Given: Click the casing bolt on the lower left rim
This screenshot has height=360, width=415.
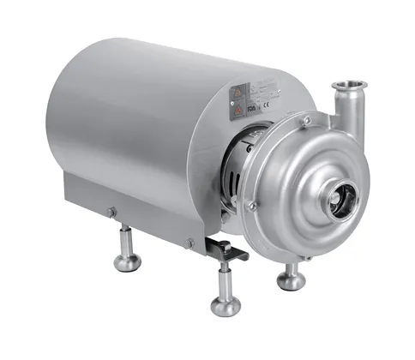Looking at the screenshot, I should [251, 206].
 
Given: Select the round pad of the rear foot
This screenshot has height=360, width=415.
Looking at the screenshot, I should [128, 261].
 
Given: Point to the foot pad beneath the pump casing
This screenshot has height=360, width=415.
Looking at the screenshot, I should [290, 280].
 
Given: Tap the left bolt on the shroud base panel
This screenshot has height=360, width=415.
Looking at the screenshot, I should [111, 213].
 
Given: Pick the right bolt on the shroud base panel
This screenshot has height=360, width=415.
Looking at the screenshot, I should [189, 243].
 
